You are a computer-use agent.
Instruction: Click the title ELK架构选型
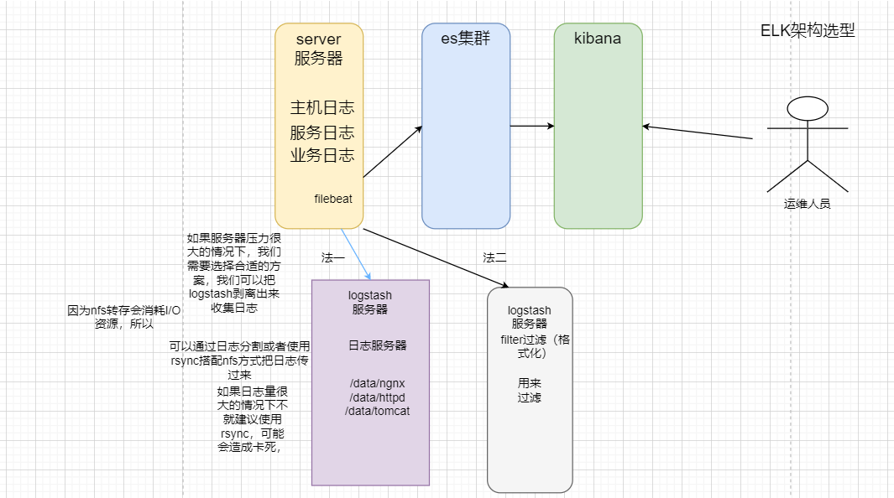[x=808, y=31]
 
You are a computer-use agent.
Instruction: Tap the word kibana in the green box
[x=598, y=39]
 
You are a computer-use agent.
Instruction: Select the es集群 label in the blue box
[x=466, y=39]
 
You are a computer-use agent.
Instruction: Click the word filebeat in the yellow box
[x=333, y=199]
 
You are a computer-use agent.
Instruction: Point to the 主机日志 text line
[x=322, y=108]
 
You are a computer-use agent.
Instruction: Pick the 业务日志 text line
[x=322, y=155]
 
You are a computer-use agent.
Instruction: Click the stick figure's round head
[x=808, y=108]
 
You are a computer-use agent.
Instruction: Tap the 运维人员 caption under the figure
[x=807, y=203]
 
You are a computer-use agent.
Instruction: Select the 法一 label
[x=332, y=257]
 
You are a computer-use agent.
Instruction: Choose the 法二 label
[x=495, y=257]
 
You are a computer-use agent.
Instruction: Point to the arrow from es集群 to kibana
[x=532, y=127]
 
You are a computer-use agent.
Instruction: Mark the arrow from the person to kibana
[x=697, y=132]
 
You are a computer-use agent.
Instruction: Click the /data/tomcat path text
[x=377, y=411]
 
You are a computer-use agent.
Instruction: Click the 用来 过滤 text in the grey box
[x=530, y=390]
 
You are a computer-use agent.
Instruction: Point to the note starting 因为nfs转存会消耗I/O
[x=124, y=317]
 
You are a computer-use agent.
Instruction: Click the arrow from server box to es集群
[x=392, y=152]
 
